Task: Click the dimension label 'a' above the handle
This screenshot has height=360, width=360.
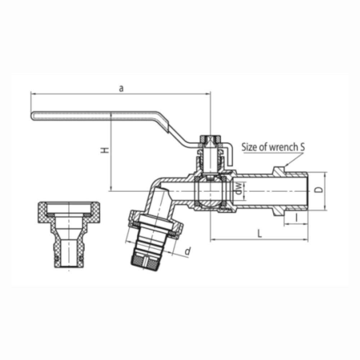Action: coord(121,88)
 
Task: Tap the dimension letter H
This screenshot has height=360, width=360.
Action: coord(105,150)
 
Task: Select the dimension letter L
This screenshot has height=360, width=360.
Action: coord(260,234)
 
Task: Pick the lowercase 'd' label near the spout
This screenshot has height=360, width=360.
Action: coord(188,251)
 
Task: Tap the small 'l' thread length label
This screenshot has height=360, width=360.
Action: coord(296,217)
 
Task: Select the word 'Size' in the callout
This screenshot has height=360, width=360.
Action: coord(249,147)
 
